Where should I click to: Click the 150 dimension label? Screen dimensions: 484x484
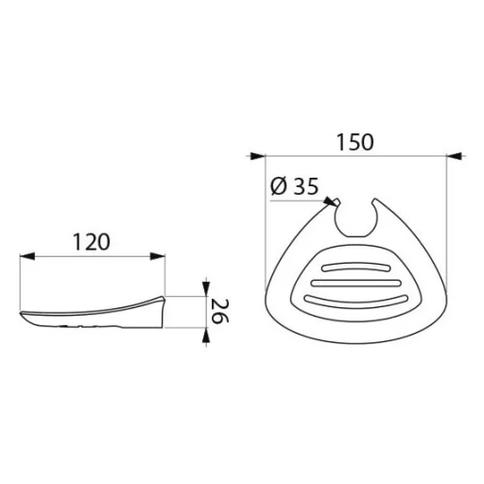click(355, 142)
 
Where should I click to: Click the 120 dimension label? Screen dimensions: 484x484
click(92, 242)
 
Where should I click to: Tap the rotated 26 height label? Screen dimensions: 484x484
click(220, 311)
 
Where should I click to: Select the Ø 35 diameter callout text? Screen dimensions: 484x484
click(294, 186)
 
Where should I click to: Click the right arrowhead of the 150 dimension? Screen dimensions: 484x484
click(455, 156)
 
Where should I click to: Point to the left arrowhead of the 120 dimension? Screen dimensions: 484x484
click(27, 256)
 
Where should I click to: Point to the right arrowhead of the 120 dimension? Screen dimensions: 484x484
click(157, 256)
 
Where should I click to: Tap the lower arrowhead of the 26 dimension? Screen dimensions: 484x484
click(206, 336)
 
